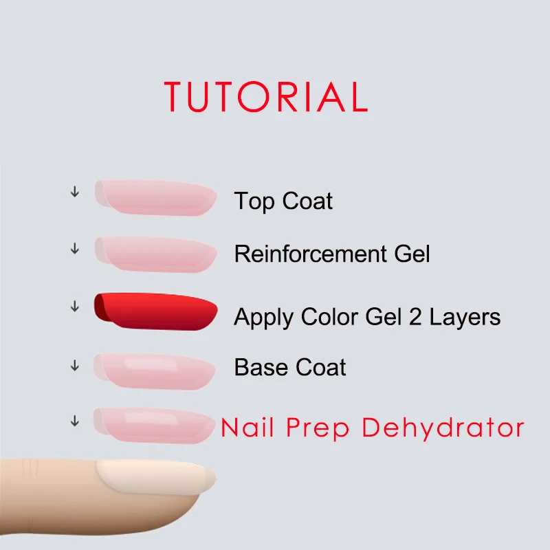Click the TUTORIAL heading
pos(266,96)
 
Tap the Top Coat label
pos(283,201)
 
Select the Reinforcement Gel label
pos(332,254)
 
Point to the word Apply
pos(263,318)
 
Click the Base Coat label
pos(290,367)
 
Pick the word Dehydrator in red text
pos(443,428)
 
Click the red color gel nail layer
pos(156,311)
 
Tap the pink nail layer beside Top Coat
pos(156,197)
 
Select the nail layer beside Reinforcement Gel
pos(156,254)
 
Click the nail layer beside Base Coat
pos(154,371)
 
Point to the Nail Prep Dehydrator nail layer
pos(154,426)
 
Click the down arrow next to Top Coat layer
pos(75,192)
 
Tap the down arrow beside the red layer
pos(75,306)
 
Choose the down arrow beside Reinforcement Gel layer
pos(75,249)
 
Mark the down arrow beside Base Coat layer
pos(75,366)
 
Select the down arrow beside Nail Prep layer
pos(75,421)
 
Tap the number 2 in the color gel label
pos(415,317)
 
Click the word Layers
pos(465,318)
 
